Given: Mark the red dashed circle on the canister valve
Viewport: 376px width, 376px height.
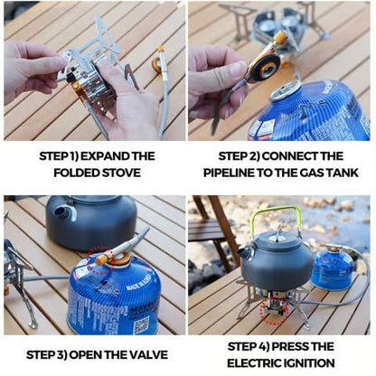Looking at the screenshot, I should pyautogui.click(x=99, y=259).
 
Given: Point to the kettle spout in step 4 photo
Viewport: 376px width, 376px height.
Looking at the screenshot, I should pyautogui.click(x=246, y=252).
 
